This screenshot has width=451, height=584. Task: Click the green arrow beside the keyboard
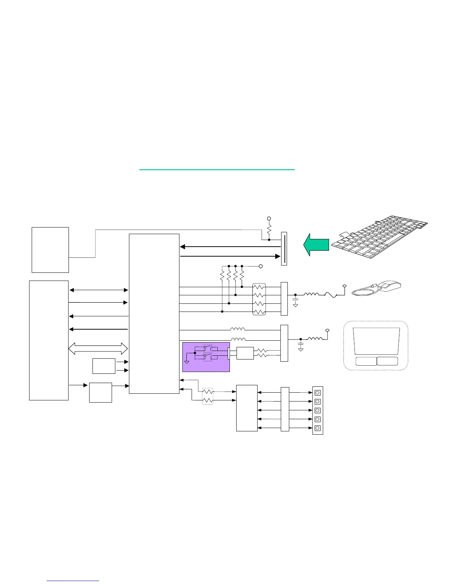[316, 244]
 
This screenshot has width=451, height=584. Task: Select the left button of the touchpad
[366, 361]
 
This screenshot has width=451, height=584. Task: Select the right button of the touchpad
[387, 361]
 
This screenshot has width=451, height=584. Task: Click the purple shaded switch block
[206, 357]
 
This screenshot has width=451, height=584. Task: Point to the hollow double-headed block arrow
[98, 348]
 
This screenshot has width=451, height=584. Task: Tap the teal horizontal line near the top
[217, 170]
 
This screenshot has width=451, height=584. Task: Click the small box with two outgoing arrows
[104, 366]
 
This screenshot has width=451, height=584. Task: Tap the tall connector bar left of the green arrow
[284, 248]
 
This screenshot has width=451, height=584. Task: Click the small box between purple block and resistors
[245, 353]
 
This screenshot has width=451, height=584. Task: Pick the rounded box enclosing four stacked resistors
[259, 299]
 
